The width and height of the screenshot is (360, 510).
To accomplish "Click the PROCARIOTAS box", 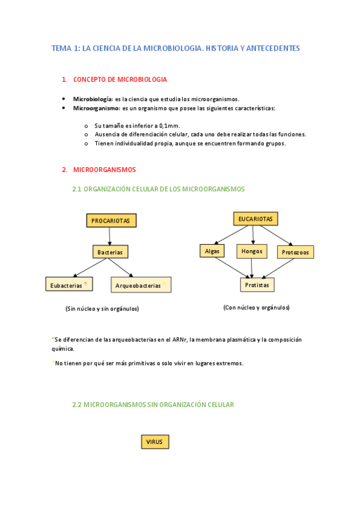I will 111,221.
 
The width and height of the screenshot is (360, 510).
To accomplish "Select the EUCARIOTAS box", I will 255,219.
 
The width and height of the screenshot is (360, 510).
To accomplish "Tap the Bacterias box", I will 111,252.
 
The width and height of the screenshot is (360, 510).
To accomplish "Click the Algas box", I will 212,251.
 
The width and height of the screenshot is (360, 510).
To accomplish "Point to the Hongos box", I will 252,251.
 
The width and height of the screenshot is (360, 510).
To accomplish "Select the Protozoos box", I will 295,252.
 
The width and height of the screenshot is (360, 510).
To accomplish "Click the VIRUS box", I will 155,442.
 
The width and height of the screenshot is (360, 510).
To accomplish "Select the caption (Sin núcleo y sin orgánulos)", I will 102,309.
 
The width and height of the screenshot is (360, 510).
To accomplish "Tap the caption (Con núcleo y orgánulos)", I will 256,307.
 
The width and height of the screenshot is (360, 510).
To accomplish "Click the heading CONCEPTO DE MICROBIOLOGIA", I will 120,79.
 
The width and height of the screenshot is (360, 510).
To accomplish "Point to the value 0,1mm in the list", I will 169,125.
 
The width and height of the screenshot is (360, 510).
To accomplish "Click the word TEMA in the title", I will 61,48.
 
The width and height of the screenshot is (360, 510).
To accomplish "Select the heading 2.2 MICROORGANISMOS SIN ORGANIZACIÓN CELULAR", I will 153,405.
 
